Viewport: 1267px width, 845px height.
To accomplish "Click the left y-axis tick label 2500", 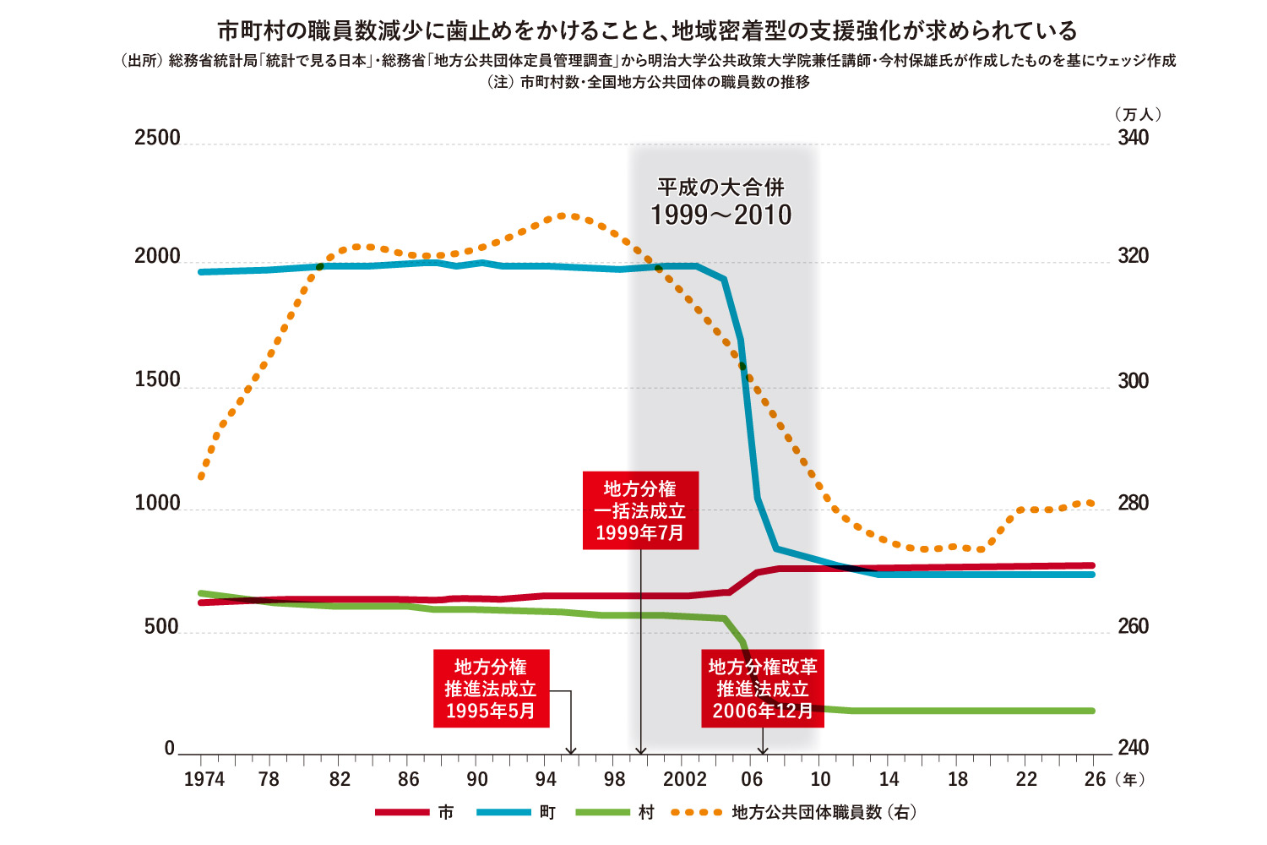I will point(157,138).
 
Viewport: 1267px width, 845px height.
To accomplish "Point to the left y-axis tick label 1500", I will point(157,380).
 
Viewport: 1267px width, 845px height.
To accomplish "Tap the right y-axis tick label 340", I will point(1133,138).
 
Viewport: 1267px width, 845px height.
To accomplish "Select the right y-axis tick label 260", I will point(1133,626).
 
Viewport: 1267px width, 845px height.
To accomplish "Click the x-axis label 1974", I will point(204,779).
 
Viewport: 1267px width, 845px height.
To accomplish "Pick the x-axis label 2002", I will point(684,779).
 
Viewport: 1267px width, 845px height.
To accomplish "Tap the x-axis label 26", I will point(1095,779).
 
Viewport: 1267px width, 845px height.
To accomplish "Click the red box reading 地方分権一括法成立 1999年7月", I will point(640,510).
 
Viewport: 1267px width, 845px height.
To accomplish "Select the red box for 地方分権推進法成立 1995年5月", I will point(491,689).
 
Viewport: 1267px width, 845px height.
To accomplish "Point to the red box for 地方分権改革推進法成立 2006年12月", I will point(762,689).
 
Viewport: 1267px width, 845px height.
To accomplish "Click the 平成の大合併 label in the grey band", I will point(721,187).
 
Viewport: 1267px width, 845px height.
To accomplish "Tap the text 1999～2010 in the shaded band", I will point(721,215).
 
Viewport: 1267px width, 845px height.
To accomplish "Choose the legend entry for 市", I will point(415,813).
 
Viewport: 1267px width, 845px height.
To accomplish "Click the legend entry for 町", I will point(516,813).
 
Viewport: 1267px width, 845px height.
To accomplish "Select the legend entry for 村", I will point(615,813).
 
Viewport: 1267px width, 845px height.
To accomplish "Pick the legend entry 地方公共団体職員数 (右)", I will point(794,813).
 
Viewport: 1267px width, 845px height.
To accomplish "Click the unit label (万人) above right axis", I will point(1137,114).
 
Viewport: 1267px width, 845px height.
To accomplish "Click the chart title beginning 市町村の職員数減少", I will point(647,31).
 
